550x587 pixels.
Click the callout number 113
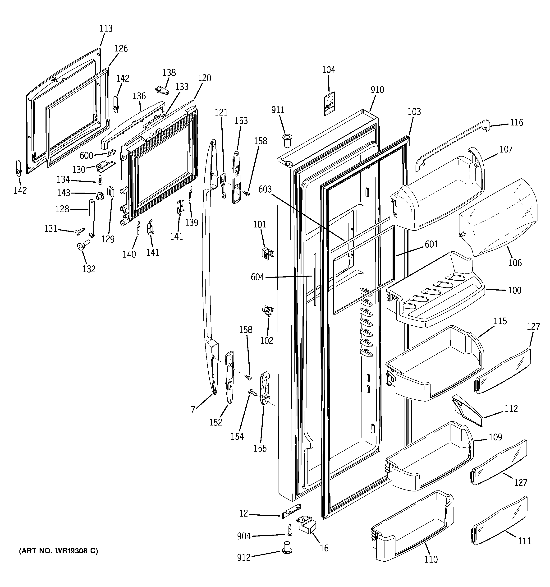(x=106, y=28)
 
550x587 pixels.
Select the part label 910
(x=377, y=89)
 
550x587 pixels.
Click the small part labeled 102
(x=267, y=311)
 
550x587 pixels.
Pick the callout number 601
(x=431, y=244)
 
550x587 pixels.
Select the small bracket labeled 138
(x=162, y=91)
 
